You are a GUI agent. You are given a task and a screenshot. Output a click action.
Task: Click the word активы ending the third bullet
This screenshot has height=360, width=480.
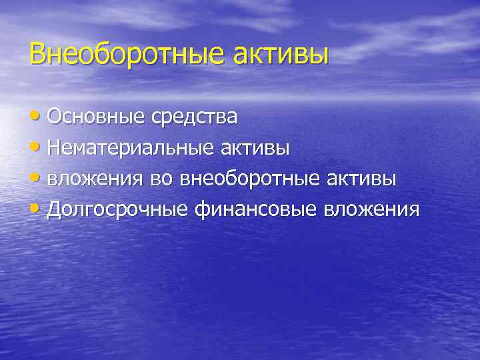363,179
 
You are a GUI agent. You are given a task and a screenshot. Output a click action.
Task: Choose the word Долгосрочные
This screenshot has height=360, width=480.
119,210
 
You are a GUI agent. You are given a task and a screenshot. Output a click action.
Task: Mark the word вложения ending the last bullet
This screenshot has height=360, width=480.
371,210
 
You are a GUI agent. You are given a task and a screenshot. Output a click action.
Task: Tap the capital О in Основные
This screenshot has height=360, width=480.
55,117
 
